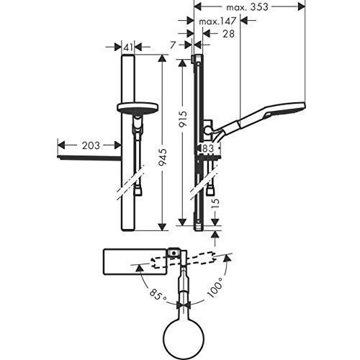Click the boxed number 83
209,148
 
